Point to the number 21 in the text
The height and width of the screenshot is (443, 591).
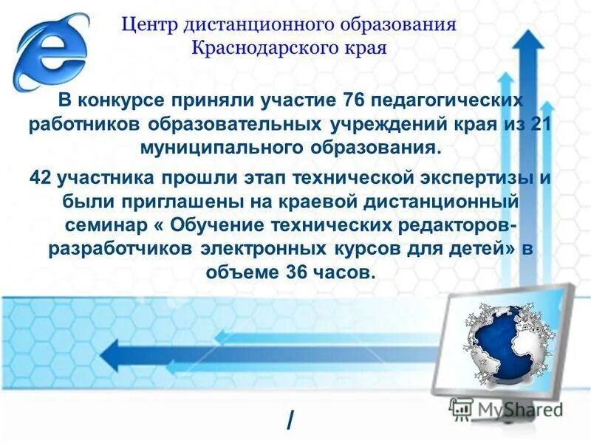[x=542, y=123]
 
